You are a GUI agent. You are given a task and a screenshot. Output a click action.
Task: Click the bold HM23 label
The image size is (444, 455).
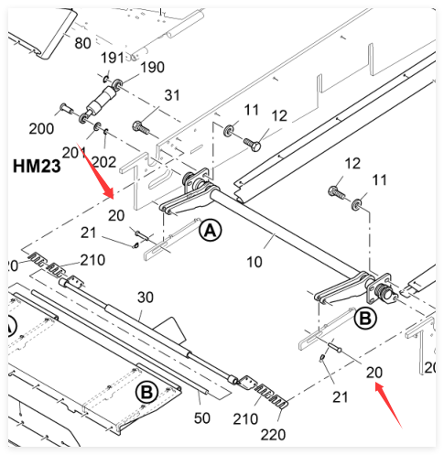[x=37, y=167]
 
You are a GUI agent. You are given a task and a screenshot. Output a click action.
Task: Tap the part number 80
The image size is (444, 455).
[x=82, y=43]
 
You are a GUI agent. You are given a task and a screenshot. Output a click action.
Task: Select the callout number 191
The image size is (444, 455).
[x=113, y=58]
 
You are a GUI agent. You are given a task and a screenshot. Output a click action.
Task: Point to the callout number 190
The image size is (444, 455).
[x=152, y=67]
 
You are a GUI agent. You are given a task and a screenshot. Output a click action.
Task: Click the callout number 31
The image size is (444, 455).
[x=172, y=95]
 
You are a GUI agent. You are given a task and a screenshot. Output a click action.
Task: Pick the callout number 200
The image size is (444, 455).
[x=41, y=128]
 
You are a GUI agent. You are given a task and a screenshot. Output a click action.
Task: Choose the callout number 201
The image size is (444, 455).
[x=74, y=153]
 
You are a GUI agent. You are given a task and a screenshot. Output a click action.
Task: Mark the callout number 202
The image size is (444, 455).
[x=103, y=162]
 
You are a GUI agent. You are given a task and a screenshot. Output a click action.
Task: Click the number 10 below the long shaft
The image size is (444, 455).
[x=254, y=262]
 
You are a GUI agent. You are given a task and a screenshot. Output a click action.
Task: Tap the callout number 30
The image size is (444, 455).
[x=146, y=298]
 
